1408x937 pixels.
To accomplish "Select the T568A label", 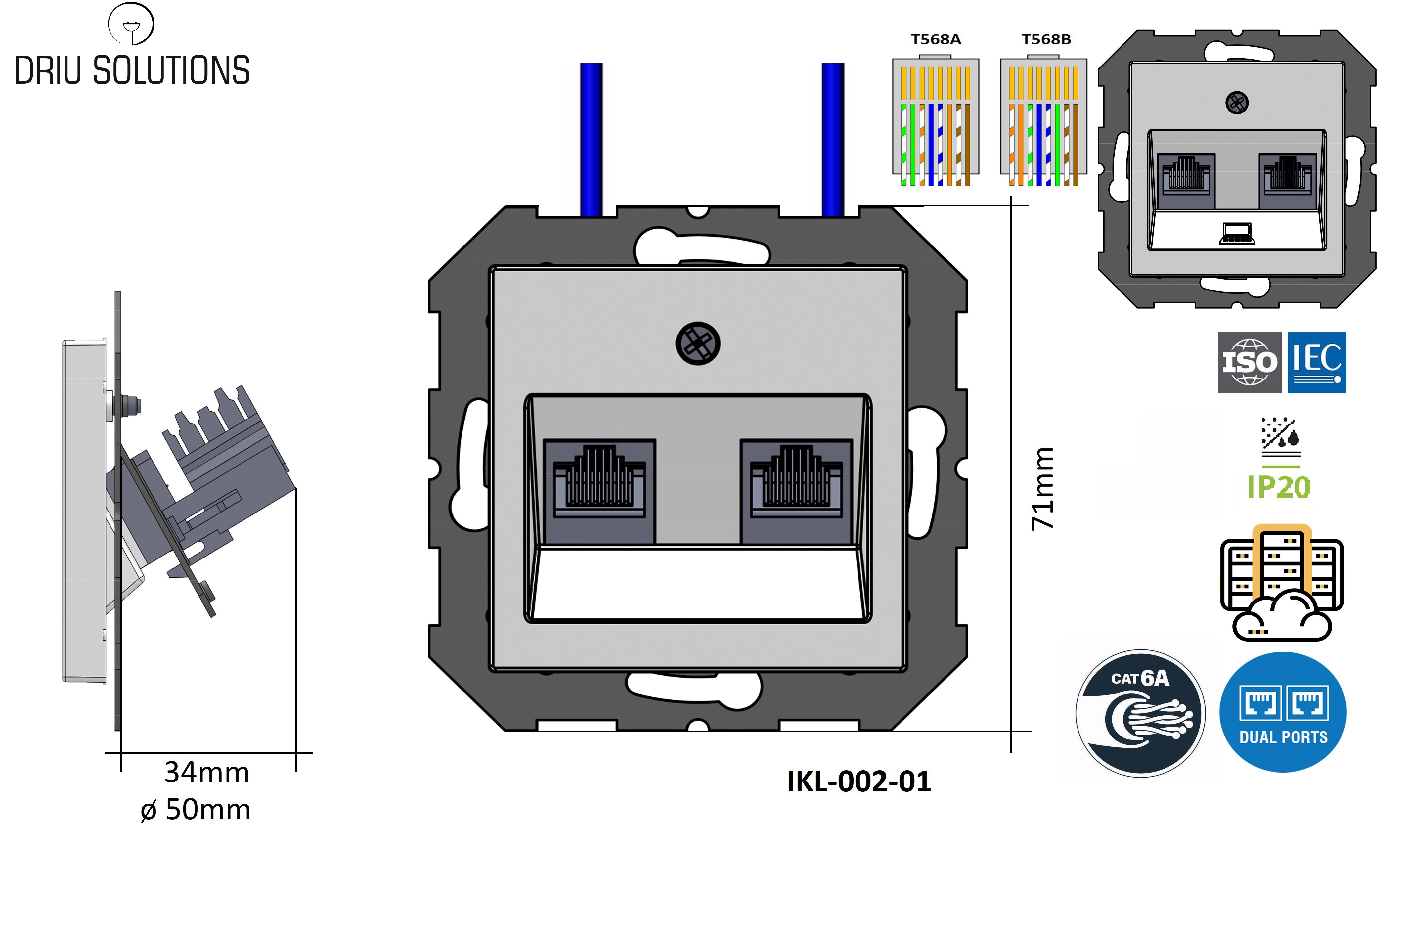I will (936, 39).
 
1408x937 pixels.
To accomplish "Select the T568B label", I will (1046, 39).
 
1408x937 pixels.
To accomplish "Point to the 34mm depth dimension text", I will (207, 772).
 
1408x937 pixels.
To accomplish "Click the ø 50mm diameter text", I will (196, 810).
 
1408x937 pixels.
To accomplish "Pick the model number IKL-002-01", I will (858, 781).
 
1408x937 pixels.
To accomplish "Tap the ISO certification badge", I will (1249, 362).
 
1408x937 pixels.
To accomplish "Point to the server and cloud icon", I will (1281, 583).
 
